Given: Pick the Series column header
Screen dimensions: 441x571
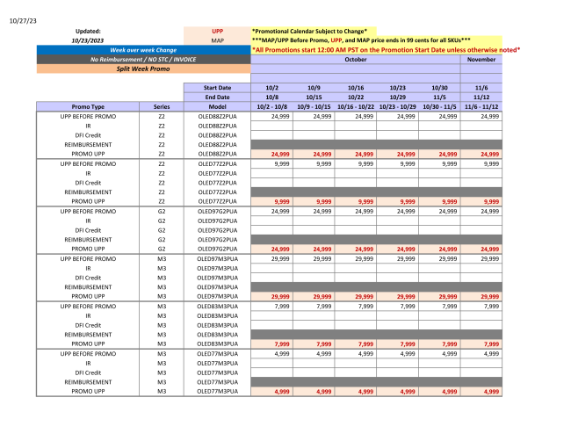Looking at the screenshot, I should click(162, 105).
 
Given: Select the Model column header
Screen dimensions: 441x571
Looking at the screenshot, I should click(217, 105).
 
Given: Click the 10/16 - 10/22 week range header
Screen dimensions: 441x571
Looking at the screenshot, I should click(356, 105).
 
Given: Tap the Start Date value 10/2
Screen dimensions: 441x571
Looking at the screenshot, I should click(272, 88).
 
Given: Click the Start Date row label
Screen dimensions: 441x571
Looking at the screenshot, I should click(217, 88).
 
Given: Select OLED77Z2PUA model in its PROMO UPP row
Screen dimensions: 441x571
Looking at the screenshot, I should click(217, 200).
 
